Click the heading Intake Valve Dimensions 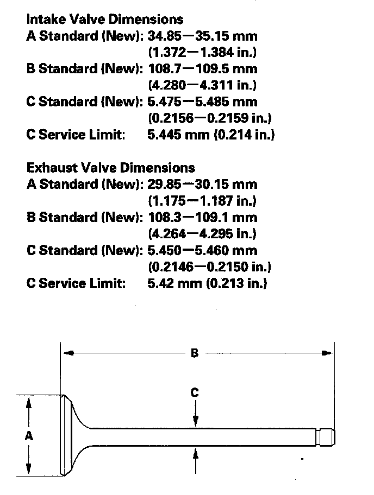(105, 20)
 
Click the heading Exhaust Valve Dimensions (110, 168)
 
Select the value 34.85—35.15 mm (202, 36)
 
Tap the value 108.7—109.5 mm (202, 69)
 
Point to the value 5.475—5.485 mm (202, 101)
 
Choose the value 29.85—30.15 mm (202, 185)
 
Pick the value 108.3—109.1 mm (202, 218)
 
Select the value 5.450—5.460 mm (202, 251)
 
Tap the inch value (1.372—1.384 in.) (202, 53)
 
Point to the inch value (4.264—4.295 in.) (202, 234)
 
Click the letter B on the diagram (195, 353)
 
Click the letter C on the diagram (195, 392)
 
